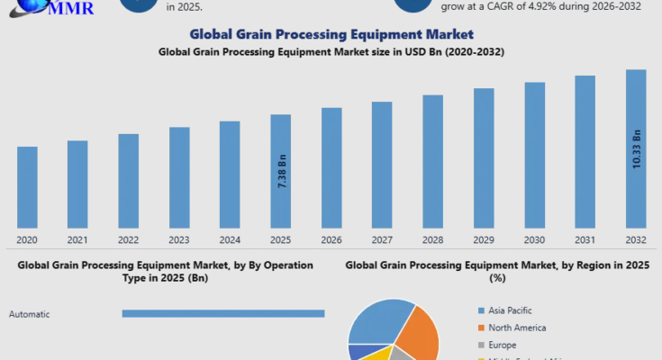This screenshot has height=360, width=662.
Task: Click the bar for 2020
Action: [x=27, y=187]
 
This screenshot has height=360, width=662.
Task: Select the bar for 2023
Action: [x=179, y=177]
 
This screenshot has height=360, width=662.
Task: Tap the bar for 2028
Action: [x=433, y=161]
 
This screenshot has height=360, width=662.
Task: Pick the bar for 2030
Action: [x=535, y=155]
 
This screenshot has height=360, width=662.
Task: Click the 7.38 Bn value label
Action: [x=282, y=170]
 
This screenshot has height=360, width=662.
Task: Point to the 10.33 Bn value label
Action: [x=637, y=148]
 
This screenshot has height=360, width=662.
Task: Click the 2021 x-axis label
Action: [x=77, y=240]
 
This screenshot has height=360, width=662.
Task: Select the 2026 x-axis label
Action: [x=331, y=240]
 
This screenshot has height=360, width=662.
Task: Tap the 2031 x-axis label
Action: [x=585, y=240]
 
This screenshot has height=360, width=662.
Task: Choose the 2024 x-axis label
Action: [x=230, y=240]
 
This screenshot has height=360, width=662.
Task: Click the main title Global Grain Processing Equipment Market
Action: [x=331, y=34]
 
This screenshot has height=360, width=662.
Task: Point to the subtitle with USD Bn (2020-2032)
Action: [x=331, y=51]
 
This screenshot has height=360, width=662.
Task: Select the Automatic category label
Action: [x=29, y=314]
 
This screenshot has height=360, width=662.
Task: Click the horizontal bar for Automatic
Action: [x=222, y=313]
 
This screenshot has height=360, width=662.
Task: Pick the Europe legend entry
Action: [x=502, y=344]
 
